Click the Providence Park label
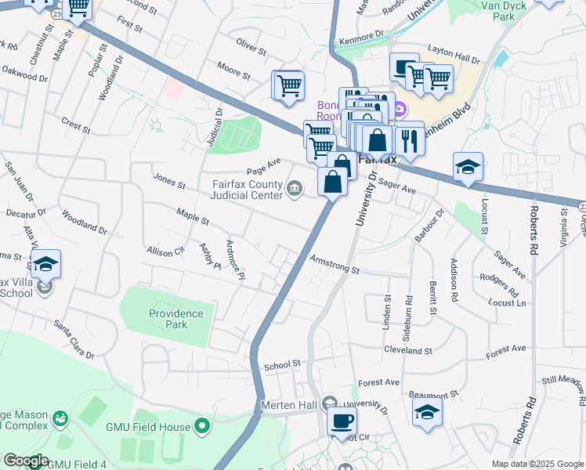[176, 319]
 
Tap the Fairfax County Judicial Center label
[246, 190]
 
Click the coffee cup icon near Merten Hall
[341, 421]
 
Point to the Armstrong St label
[334, 265]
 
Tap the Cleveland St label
[407, 351]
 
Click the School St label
[283, 364]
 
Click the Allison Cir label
[164, 251]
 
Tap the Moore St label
[233, 70]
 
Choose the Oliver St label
[251, 45]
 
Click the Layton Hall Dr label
[454, 59]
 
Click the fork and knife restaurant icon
[408, 139]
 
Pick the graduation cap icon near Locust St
[468, 167]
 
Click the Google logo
[25, 461]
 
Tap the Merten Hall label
[289, 406]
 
